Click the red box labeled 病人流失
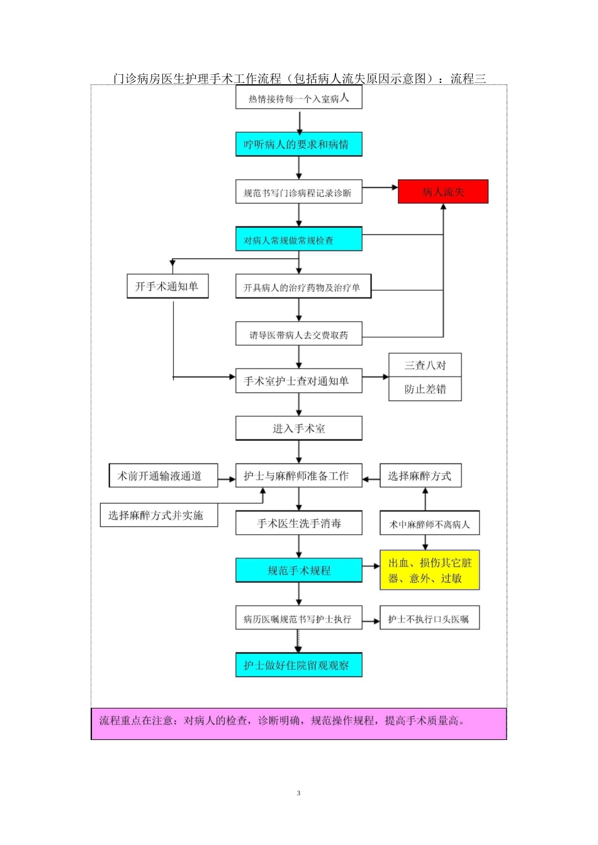[443, 192]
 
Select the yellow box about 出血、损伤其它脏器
[429, 570]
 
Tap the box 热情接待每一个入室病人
[299, 97]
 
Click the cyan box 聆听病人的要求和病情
[299, 144]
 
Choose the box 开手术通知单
[167, 286]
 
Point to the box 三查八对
[425, 365]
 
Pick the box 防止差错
[425, 389]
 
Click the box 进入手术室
[299, 428]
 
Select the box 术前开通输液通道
[163, 475]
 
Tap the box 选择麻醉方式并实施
[159, 515]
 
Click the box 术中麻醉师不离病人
[429, 523]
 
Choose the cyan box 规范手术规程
[299, 570]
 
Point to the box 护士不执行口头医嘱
[429, 617]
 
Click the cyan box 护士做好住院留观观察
[299, 665]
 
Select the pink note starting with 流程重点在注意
[299, 724]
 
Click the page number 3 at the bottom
[298, 793]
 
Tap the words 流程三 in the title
[468, 79]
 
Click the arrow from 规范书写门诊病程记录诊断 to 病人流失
[380, 187]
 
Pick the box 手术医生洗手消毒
[299, 523]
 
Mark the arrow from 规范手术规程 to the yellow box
[371, 566]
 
